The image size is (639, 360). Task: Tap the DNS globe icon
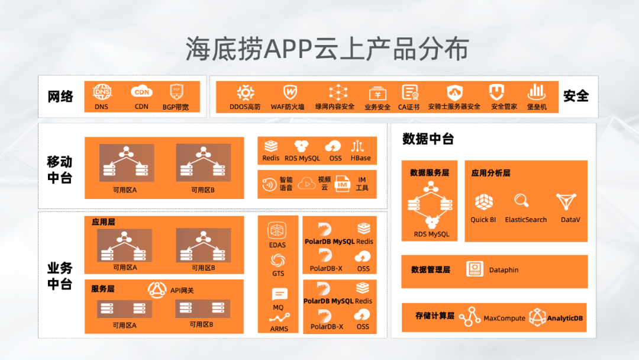[x=102, y=92]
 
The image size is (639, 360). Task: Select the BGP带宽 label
[x=176, y=107]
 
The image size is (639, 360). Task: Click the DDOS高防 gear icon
[x=245, y=92]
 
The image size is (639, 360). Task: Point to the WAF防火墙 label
[x=288, y=107]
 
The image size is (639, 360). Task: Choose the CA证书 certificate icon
[x=409, y=92]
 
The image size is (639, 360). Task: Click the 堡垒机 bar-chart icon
[x=536, y=92]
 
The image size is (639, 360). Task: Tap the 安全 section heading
[x=576, y=96]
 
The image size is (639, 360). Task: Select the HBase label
[x=360, y=158]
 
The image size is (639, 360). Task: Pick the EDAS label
[x=277, y=245]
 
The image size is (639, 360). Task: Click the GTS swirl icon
[x=277, y=260]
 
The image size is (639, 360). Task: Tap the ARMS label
[x=279, y=329]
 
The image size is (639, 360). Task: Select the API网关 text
[x=182, y=290]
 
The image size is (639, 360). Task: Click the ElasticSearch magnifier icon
[x=521, y=200]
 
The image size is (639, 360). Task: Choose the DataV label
[x=570, y=220]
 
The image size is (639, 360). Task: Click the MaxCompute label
[x=504, y=318]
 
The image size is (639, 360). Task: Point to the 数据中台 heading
[x=428, y=139]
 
